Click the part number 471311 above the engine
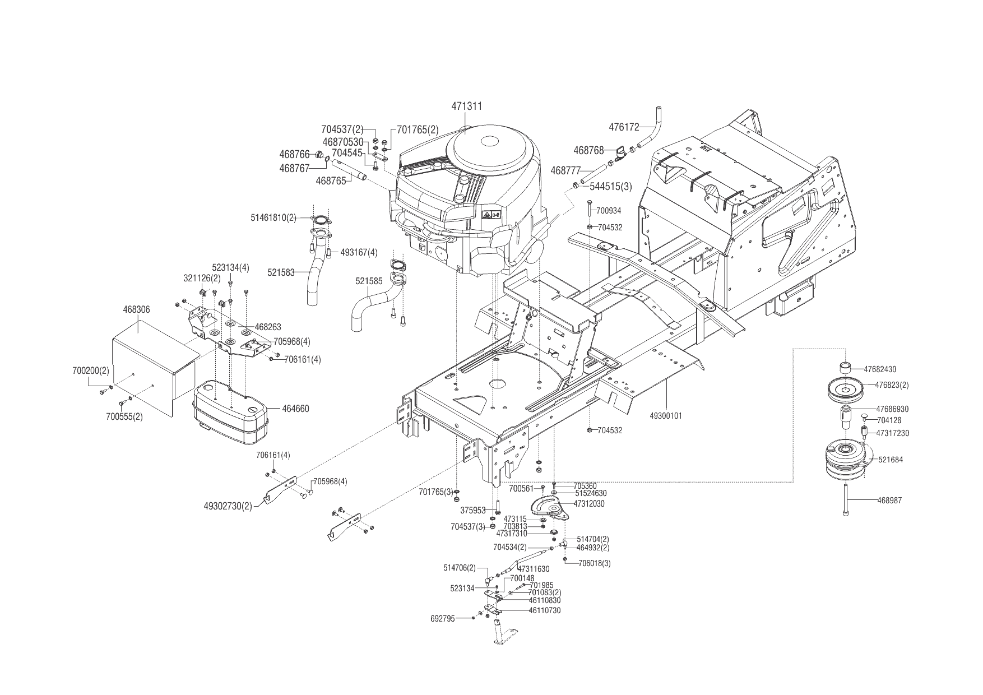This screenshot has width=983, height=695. pos(467,106)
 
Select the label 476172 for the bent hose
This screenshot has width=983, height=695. pos(624,127)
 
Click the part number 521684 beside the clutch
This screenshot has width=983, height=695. pos(891,460)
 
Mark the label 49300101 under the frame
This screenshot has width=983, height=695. pos(666,416)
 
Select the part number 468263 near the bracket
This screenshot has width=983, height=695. pos(268,327)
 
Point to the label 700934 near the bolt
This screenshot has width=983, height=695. pos(609,211)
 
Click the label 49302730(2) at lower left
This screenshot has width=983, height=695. pos(228,506)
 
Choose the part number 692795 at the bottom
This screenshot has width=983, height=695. pos(443,618)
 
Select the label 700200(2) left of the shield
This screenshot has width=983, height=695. pos(91,371)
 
